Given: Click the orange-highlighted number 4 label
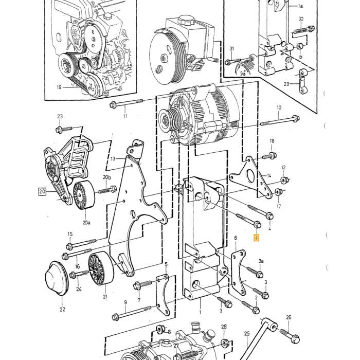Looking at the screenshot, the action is [256, 238].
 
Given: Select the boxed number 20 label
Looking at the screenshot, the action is [42, 191].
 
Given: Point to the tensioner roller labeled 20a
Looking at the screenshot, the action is [84, 195].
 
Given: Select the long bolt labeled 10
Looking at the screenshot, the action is [280, 121].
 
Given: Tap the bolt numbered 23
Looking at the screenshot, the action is [64, 129].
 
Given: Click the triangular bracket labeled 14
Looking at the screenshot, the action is [251, 177].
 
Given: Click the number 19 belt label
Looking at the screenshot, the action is [59, 87].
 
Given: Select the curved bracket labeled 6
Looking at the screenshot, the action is [238, 272].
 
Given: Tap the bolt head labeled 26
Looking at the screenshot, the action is [295, 338].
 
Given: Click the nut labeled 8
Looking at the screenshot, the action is [159, 330].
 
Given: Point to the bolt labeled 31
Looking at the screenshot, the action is [233, 61].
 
